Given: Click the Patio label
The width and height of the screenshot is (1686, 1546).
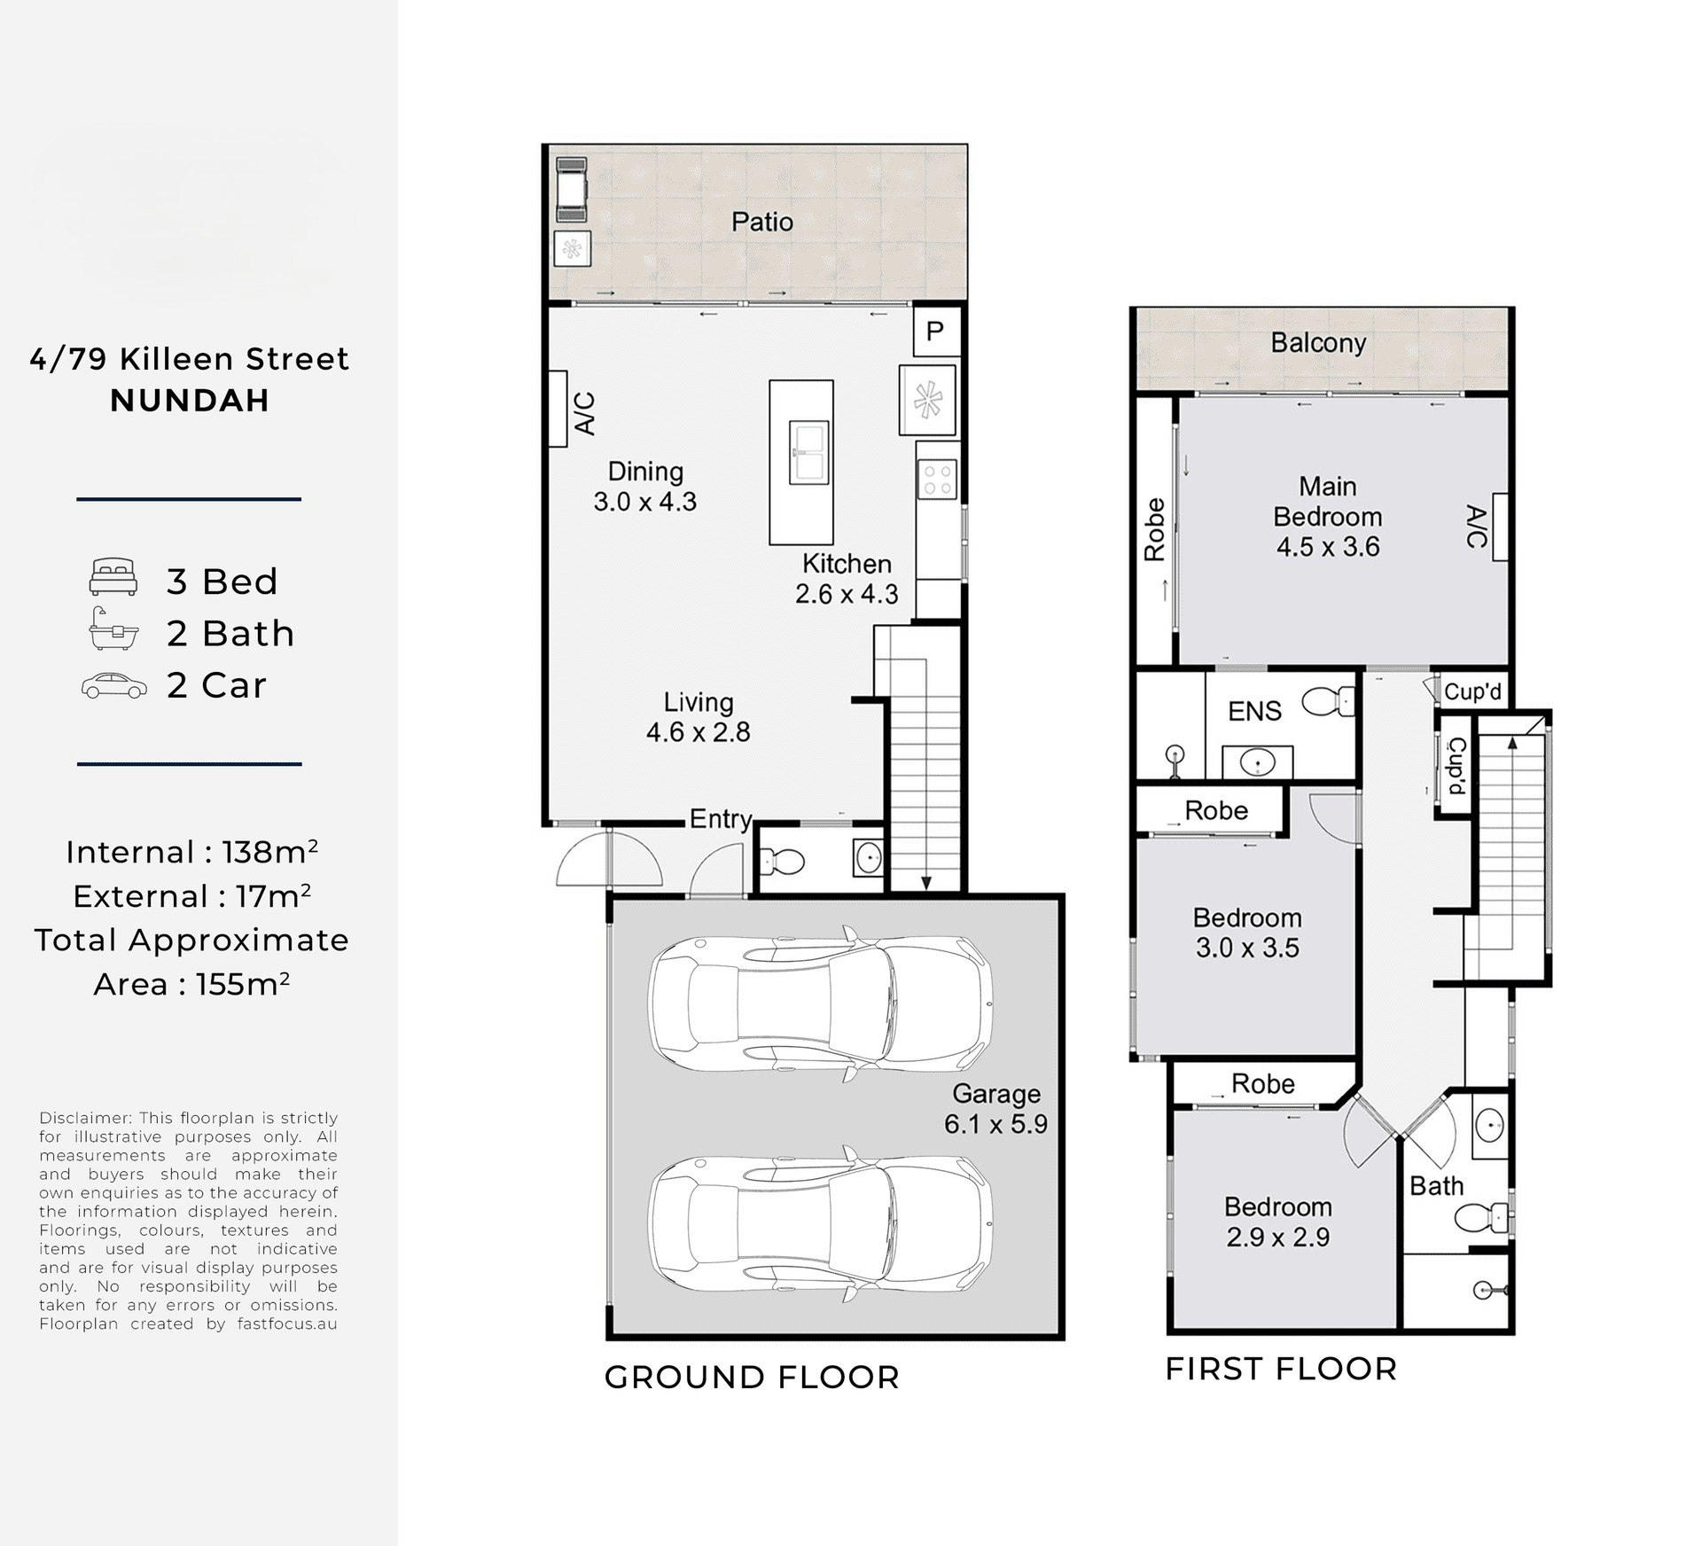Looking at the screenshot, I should point(761,222).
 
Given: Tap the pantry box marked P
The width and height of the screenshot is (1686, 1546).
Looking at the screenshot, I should point(934,332).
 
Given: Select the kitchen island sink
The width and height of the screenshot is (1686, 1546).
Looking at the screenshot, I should point(808,452).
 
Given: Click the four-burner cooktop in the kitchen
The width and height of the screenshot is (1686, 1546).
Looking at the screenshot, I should point(937,480).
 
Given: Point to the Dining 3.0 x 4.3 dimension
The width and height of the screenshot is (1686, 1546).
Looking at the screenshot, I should point(644,502).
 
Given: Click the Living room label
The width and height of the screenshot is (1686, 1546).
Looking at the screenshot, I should point(699,702).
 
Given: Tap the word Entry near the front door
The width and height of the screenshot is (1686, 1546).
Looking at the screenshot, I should point(720,819).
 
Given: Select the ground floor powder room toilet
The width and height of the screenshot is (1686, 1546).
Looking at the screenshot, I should point(782,860).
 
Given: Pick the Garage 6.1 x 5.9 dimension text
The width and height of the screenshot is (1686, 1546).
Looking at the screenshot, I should point(995,1124).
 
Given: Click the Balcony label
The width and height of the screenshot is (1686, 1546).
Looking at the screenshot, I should point(1317,343).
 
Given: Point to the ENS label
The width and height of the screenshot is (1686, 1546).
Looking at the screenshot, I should point(1253,711).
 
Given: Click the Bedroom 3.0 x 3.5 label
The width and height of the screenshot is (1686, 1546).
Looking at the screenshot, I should point(1246,933).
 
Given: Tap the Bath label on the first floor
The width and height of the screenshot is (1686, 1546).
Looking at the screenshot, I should point(1436,1186).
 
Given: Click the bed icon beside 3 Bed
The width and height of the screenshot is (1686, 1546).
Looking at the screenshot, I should point(113,577).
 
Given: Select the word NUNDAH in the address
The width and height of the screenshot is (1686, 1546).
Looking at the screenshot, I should point(190,401).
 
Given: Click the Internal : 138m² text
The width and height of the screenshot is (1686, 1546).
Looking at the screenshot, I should point(191,853).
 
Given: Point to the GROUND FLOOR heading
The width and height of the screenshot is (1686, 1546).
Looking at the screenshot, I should point(752,1378).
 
